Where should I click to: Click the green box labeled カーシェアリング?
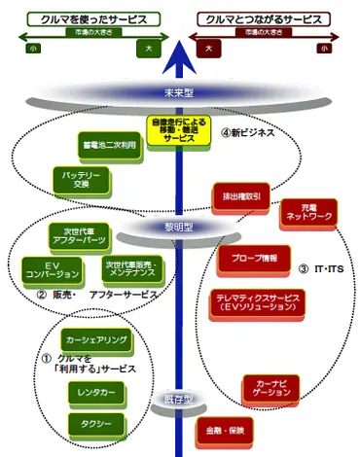[92, 342]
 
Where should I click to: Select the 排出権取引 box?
[240, 194]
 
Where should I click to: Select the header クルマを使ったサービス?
[82, 18]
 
